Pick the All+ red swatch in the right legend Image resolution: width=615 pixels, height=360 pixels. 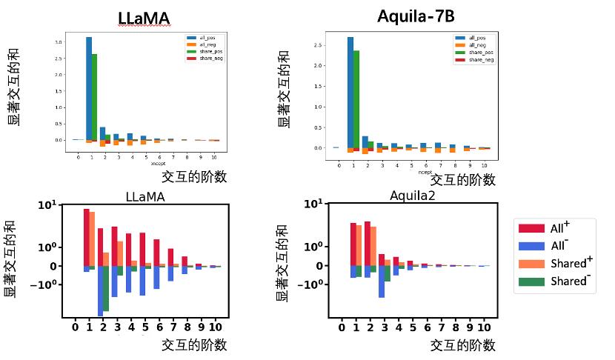532,228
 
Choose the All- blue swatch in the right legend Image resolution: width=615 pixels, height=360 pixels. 532,245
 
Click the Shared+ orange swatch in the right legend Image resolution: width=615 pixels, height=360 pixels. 532,263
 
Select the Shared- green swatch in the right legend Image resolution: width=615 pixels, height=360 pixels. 532,281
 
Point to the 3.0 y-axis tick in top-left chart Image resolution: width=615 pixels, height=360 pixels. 59,42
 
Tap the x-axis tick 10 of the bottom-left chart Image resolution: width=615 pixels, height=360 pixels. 215,327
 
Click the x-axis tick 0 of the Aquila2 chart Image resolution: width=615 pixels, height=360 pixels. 342,327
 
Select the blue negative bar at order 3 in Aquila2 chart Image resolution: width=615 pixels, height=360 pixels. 382,281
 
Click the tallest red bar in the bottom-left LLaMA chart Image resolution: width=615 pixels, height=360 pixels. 87,237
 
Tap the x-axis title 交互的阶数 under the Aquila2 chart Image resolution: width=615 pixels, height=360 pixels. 463,344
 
